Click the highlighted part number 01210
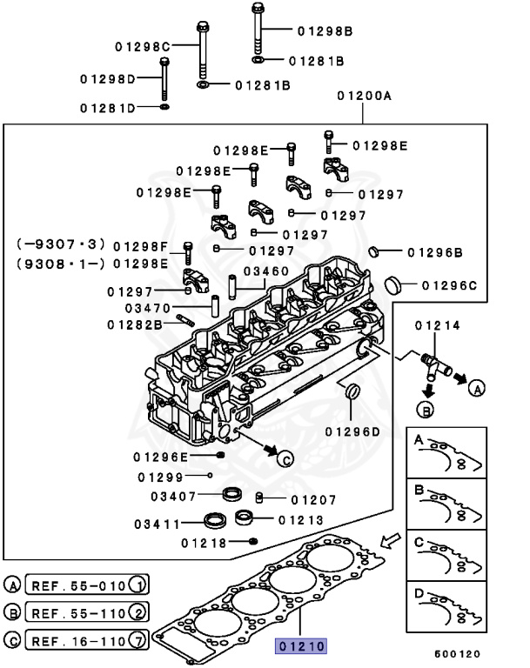300,646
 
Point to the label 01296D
353,431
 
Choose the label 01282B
135,324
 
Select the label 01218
204,543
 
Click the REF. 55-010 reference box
88,584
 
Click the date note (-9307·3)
60,246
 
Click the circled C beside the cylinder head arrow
287,460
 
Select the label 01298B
325,31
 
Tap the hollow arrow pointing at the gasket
391,542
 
